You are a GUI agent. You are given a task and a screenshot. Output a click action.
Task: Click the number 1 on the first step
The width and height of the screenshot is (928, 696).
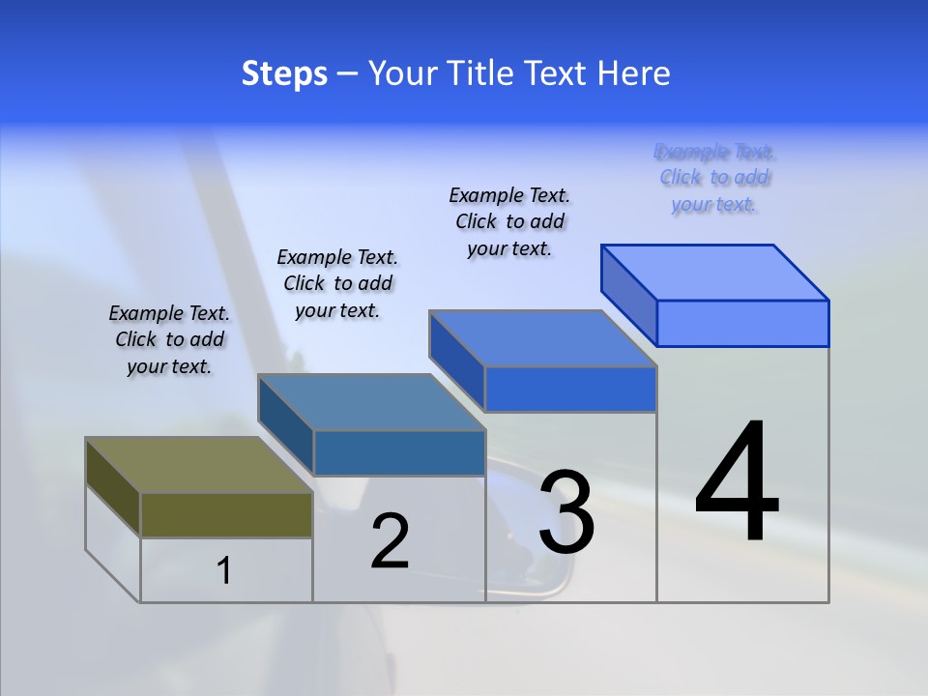224,571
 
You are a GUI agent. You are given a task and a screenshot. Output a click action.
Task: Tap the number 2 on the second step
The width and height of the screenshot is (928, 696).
390,541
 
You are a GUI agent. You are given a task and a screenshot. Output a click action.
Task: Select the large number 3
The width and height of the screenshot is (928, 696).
566,512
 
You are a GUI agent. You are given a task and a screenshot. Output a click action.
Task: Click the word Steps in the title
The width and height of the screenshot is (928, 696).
284,73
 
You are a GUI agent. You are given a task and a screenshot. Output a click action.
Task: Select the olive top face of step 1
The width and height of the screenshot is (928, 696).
198,465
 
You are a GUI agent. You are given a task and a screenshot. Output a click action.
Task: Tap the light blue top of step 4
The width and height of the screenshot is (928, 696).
714,273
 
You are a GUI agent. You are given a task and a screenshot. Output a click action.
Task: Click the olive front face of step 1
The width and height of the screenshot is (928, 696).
226,514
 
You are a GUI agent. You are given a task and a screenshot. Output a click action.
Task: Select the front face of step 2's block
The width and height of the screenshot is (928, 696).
399,452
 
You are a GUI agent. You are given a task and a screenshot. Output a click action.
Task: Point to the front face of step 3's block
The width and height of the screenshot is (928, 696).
570,389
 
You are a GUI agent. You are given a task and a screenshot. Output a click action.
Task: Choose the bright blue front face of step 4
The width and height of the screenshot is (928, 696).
742,323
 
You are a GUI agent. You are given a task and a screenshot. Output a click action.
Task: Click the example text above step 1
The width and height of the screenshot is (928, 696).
169,339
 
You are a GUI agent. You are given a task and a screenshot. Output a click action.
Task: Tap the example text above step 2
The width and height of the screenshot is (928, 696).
337,283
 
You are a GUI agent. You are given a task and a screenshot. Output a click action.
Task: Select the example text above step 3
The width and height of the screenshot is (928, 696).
509,221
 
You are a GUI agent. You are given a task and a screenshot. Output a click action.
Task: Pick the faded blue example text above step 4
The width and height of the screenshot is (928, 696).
714,178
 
